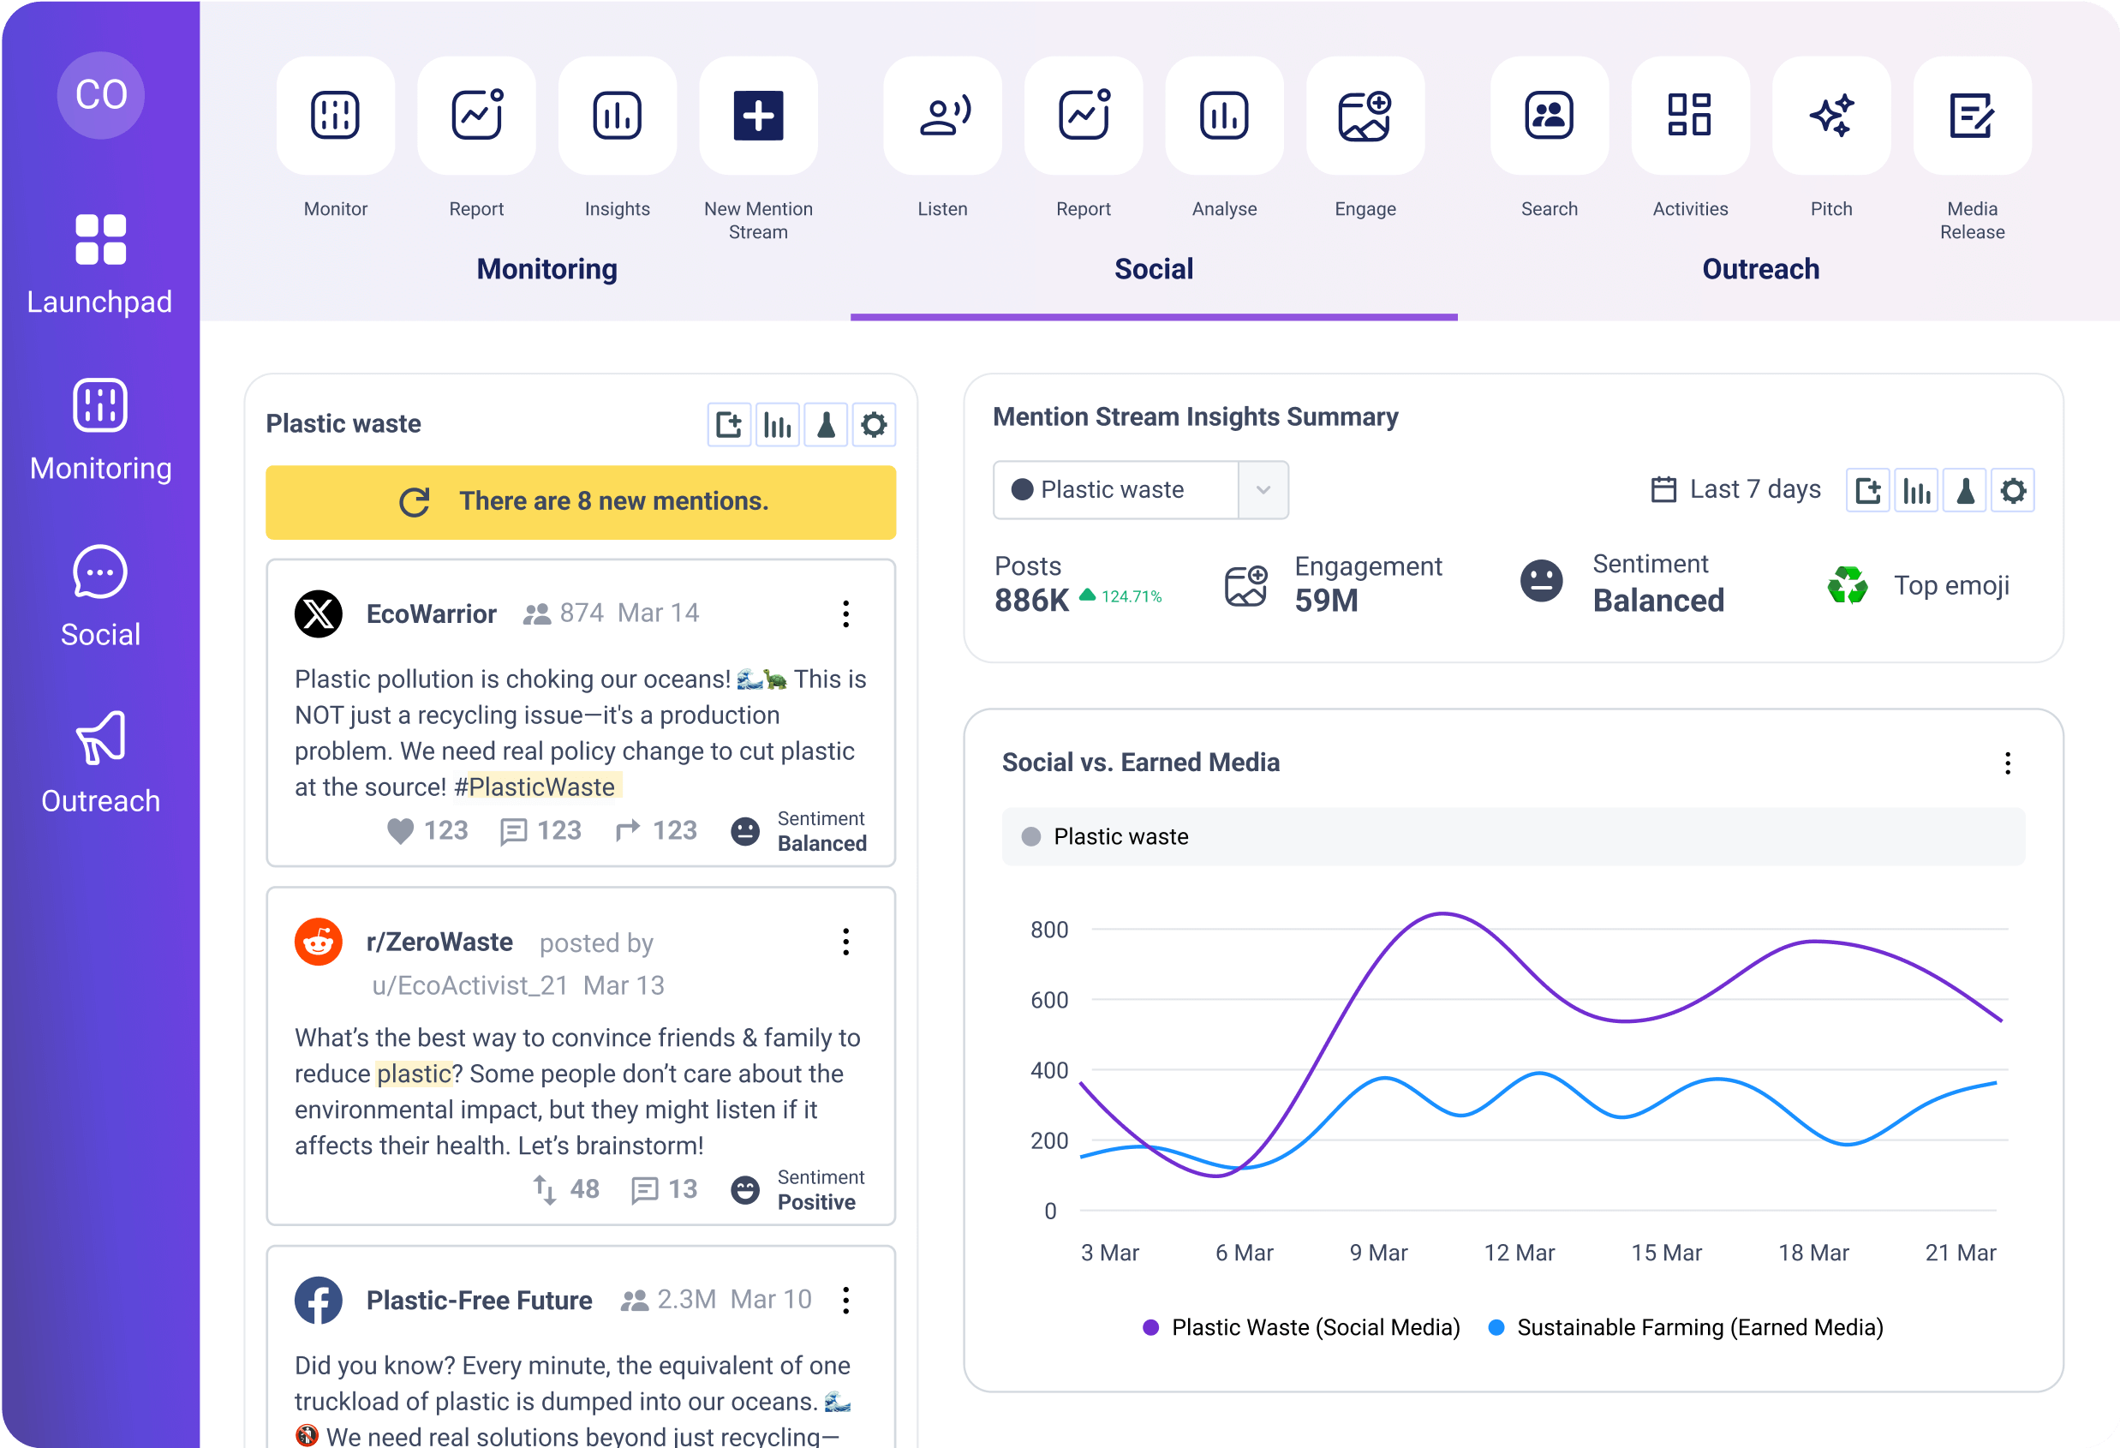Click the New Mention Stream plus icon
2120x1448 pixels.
coord(758,116)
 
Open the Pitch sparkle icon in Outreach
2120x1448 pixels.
coord(1830,116)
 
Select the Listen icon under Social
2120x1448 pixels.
coord(942,116)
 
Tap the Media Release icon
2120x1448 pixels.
coord(1971,116)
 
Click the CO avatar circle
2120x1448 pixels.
coord(100,95)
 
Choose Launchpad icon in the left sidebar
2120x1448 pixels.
coord(100,240)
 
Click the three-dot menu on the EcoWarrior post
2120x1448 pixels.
coord(845,614)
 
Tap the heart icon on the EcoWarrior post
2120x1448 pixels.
coord(399,830)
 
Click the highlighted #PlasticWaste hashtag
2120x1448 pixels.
coord(536,787)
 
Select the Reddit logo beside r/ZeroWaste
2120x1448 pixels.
coord(319,942)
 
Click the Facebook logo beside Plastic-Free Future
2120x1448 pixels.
coord(319,1300)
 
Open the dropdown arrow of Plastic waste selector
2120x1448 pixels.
coord(1263,490)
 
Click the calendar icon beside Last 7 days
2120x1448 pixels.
coord(1663,490)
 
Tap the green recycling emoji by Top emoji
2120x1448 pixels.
coord(1848,586)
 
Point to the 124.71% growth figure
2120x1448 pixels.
coord(1131,596)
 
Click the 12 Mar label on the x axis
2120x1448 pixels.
coord(1519,1253)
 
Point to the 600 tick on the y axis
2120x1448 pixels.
coord(1049,1000)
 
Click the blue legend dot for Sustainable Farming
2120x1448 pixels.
coord(1496,1327)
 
